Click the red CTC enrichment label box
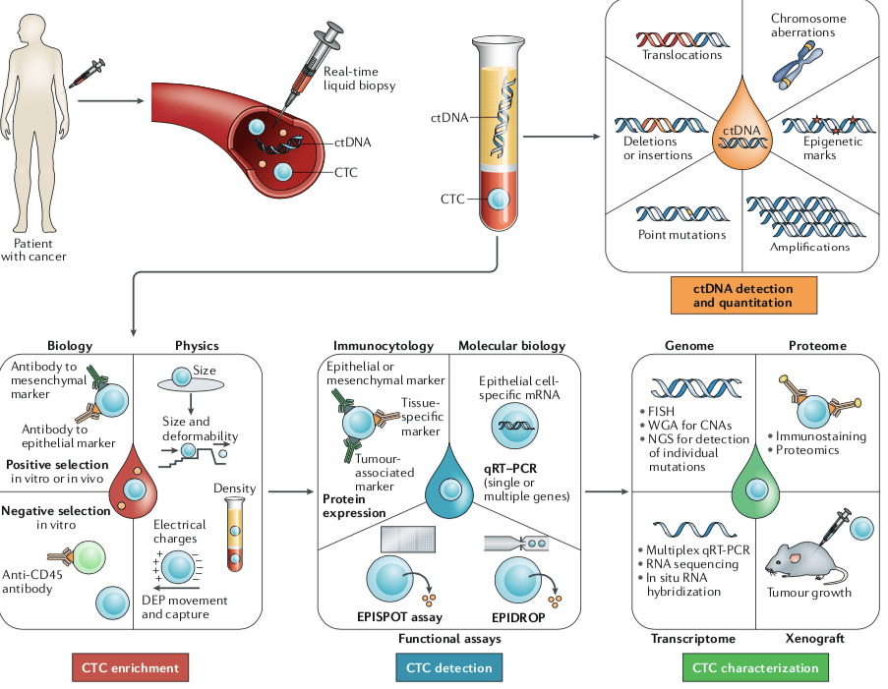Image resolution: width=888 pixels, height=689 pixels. point(130,668)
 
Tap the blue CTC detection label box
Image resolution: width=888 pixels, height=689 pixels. point(450,668)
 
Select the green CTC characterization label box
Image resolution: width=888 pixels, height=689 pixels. point(755,668)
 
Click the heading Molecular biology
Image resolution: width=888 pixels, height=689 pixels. point(511,346)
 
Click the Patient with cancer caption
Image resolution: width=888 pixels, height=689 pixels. point(40,250)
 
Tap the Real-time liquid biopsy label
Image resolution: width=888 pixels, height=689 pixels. point(359,80)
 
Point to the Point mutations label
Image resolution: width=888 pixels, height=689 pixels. point(681,235)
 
